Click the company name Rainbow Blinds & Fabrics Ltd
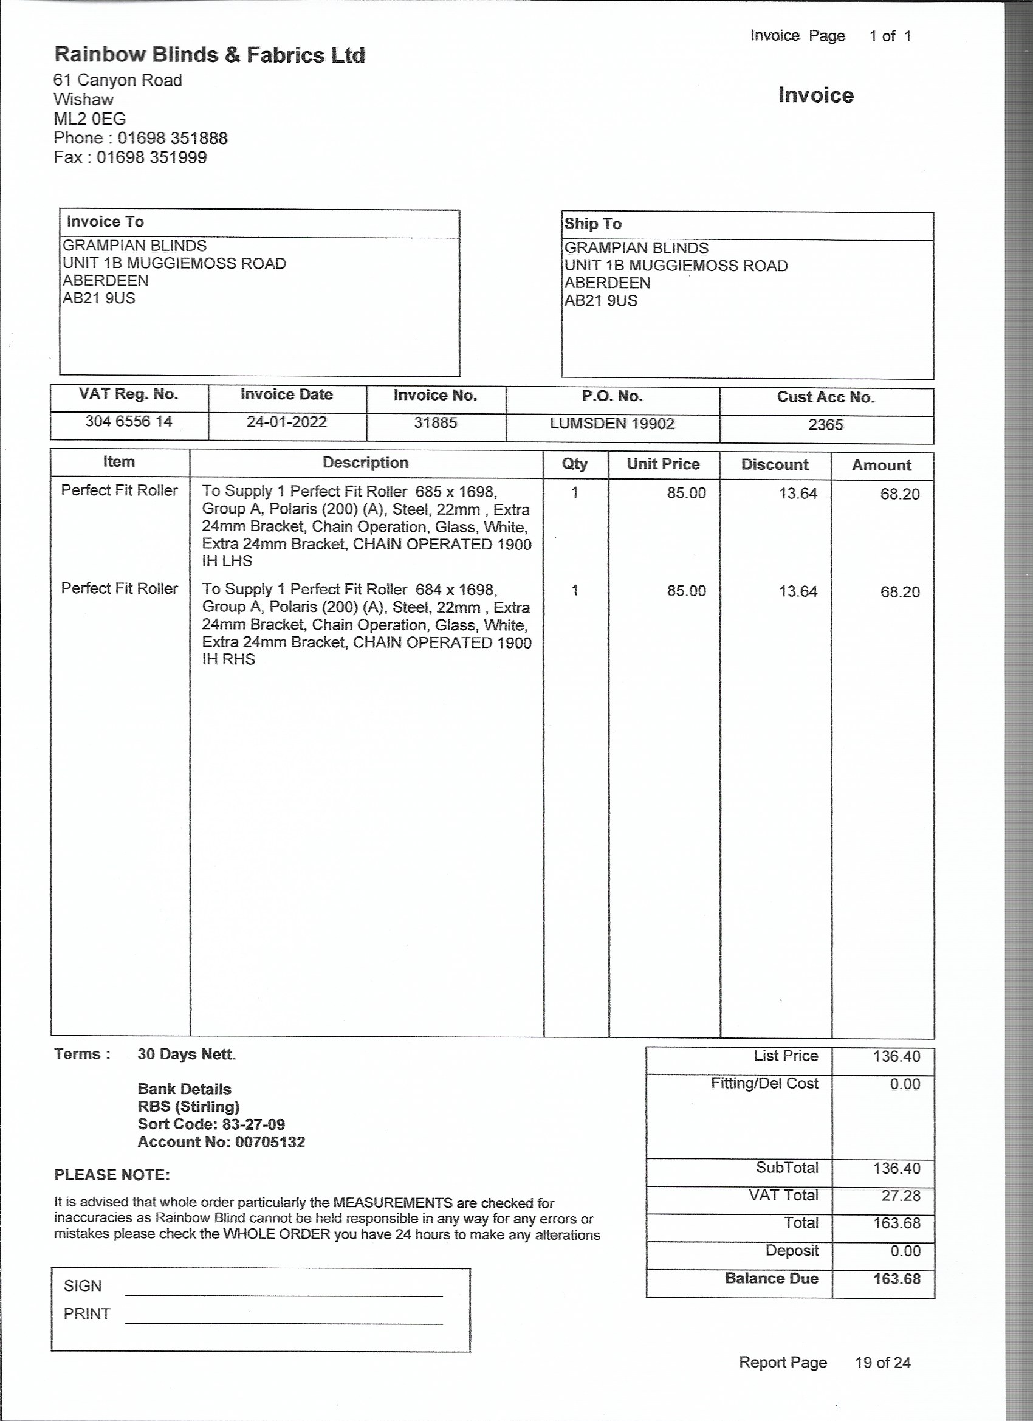tap(209, 55)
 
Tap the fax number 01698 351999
tap(151, 157)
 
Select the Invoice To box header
tap(105, 222)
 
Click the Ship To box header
tap(592, 224)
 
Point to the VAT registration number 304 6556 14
tap(128, 421)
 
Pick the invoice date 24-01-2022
tap(286, 422)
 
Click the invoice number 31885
tap(435, 423)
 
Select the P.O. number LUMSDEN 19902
tap(612, 424)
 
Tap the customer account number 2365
tap(825, 425)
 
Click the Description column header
tap(365, 463)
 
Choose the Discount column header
tap(774, 465)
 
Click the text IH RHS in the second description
tap(228, 659)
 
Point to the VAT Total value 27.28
tap(900, 1196)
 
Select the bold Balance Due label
tap(771, 1278)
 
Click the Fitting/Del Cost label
tap(764, 1083)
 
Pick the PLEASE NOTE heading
tap(112, 1175)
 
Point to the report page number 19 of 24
tap(882, 1362)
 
